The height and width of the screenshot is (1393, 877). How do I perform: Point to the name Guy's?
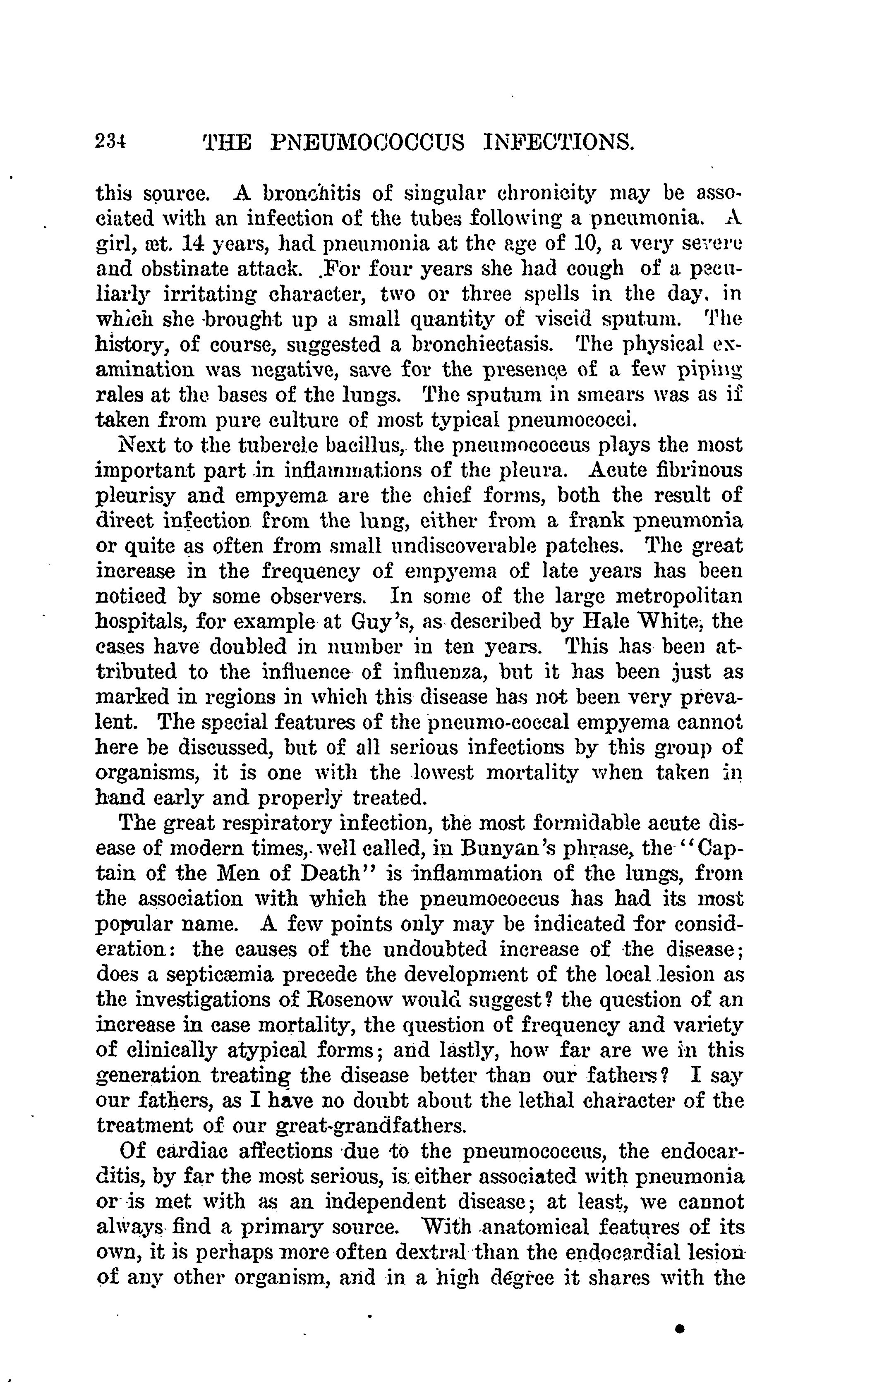point(381,621)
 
